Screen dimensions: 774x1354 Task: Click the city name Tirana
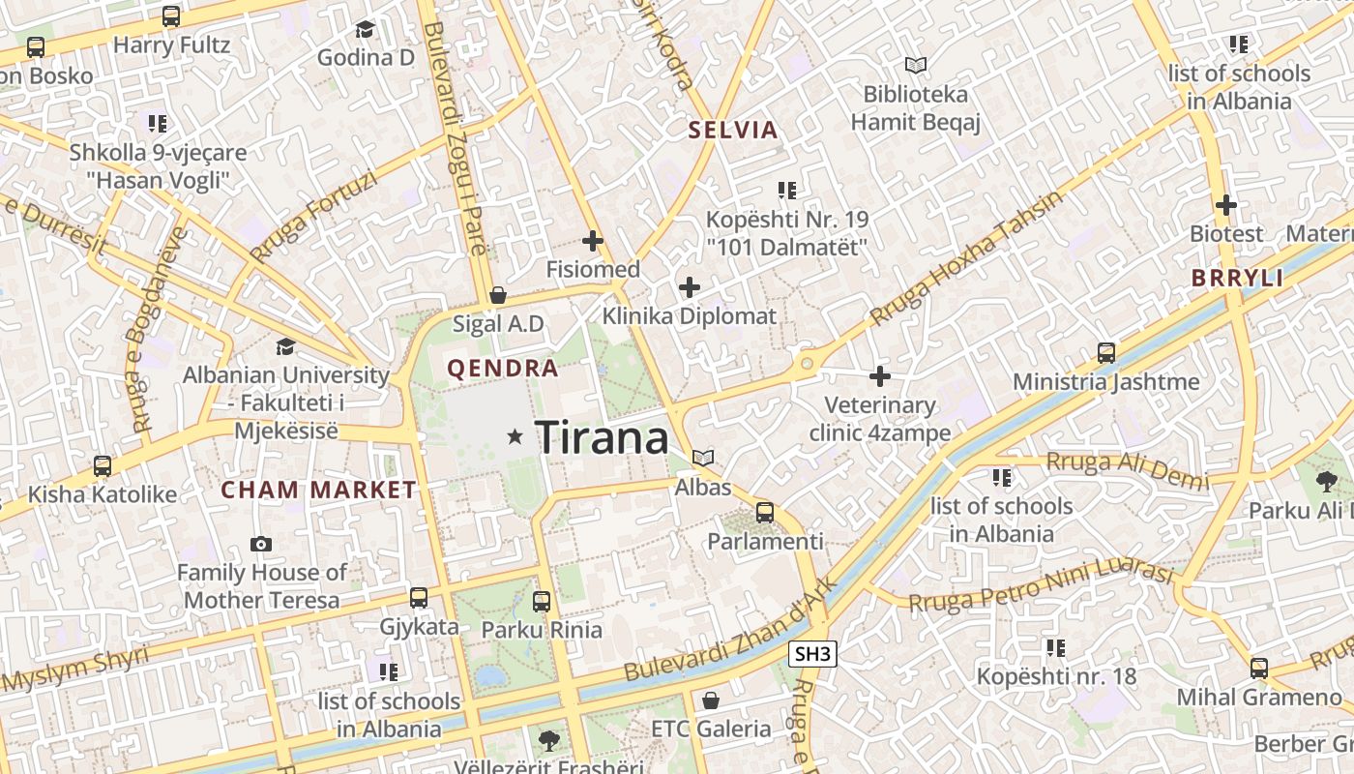(x=602, y=438)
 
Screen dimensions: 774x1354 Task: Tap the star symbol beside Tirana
(x=515, y=437)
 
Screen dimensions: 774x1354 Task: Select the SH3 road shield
(x=811, y=654)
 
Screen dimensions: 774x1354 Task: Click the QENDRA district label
(x=502, y=369)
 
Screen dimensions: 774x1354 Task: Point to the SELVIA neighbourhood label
(x=732, y=131)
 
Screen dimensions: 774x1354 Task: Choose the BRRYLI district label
(x=1237, y=279)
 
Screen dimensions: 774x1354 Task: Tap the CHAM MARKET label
(x=318, y=491)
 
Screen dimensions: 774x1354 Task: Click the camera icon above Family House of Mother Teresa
(x=260, y=544)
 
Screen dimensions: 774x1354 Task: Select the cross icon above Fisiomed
(x=593, y=241)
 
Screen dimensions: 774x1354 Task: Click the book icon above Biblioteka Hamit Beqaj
(x=915, y=65)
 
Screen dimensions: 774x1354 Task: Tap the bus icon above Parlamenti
(x=765, y=512)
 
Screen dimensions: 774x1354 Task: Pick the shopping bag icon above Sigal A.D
(x=498, y=294)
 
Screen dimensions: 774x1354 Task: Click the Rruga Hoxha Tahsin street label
(x=965, y=256)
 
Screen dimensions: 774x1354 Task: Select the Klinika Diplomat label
(x=689, y=316)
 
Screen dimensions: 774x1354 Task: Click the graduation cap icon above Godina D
(x=365, y=30)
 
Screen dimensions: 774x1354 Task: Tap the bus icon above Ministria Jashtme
(x=1106, y=353)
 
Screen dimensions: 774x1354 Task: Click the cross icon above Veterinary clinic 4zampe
(x=880, y=375)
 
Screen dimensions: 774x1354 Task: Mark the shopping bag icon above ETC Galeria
(x=711, y=700)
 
